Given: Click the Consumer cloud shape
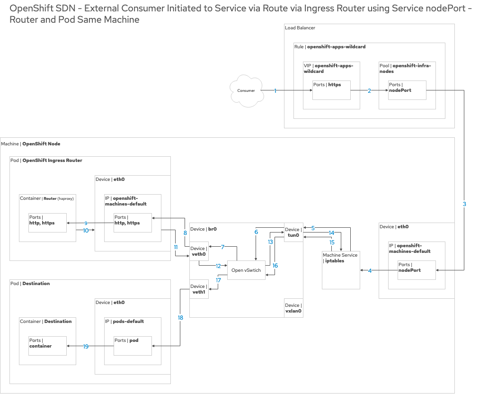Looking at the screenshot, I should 246,90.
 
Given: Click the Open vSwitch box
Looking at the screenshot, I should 246,270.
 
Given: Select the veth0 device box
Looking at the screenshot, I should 199,251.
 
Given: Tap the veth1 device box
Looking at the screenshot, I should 199,289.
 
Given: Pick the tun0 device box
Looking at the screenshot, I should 293,232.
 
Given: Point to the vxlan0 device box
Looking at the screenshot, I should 293,308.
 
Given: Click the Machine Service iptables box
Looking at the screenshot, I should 341,270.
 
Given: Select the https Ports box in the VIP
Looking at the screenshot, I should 331,90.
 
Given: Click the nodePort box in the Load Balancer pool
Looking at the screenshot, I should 407,90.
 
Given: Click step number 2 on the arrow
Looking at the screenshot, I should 369,90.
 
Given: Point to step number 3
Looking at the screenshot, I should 464,204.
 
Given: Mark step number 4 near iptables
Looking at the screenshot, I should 370,270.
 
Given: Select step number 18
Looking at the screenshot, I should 180,318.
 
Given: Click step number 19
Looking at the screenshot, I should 86,346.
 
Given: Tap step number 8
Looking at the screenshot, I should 185,233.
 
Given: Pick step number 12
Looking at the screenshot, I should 219,266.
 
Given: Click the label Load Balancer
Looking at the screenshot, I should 300,28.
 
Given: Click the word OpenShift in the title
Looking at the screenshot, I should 29,9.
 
